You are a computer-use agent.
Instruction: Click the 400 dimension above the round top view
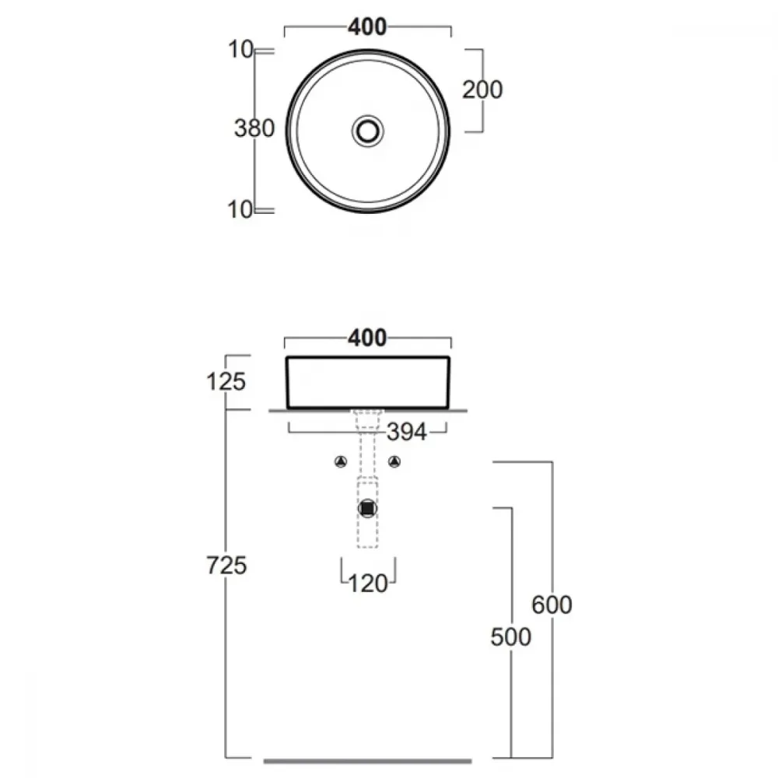coord(367,26)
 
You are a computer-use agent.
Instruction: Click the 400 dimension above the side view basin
coord(367,338)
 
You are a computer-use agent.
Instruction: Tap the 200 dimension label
coord(482,89)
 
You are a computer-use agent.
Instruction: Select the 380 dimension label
coord(254,128)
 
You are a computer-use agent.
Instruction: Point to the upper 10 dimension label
coord(240,50)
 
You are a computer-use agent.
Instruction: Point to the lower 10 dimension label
coord(240,210)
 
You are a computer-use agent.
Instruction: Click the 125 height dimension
coord(226,382)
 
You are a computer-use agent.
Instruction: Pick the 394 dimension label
coord(407,432)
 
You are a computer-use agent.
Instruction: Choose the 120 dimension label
coord(368,584)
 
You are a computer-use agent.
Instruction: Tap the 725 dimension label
coord(226,566)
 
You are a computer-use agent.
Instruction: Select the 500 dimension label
coord(511,637)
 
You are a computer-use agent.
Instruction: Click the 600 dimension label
coord(552,605)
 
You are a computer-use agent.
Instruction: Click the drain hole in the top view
coord(368,131)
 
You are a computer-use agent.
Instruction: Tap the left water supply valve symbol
coord(341,462)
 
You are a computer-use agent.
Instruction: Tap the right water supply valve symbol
coord(394,462)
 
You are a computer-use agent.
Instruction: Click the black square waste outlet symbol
coord(368,509)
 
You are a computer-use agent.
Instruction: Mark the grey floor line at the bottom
coord(368,761)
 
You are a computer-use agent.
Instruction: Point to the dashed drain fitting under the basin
coord(368,420)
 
